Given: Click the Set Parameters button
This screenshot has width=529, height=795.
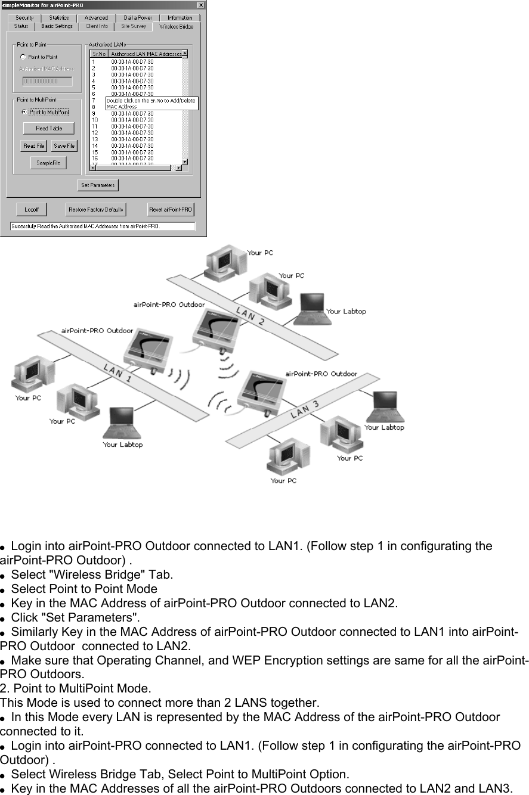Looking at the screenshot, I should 98,185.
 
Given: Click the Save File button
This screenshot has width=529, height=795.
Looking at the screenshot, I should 64,146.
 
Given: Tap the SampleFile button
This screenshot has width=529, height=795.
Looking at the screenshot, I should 48,163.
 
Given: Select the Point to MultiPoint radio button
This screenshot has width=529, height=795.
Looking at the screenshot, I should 24,112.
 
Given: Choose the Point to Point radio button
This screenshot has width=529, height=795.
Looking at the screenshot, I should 23,57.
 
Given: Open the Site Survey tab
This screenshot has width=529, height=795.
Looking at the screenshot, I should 133,26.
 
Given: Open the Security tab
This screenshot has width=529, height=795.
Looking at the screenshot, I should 24,18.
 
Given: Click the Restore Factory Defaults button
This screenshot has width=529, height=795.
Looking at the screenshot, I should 96,210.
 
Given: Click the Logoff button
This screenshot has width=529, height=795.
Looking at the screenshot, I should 32,210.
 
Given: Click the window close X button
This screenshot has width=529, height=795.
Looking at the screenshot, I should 201,5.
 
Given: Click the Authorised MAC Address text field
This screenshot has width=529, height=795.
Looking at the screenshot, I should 47,81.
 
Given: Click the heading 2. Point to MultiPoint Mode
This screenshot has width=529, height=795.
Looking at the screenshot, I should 76,687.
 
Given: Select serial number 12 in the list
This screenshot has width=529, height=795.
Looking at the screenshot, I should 94,133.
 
